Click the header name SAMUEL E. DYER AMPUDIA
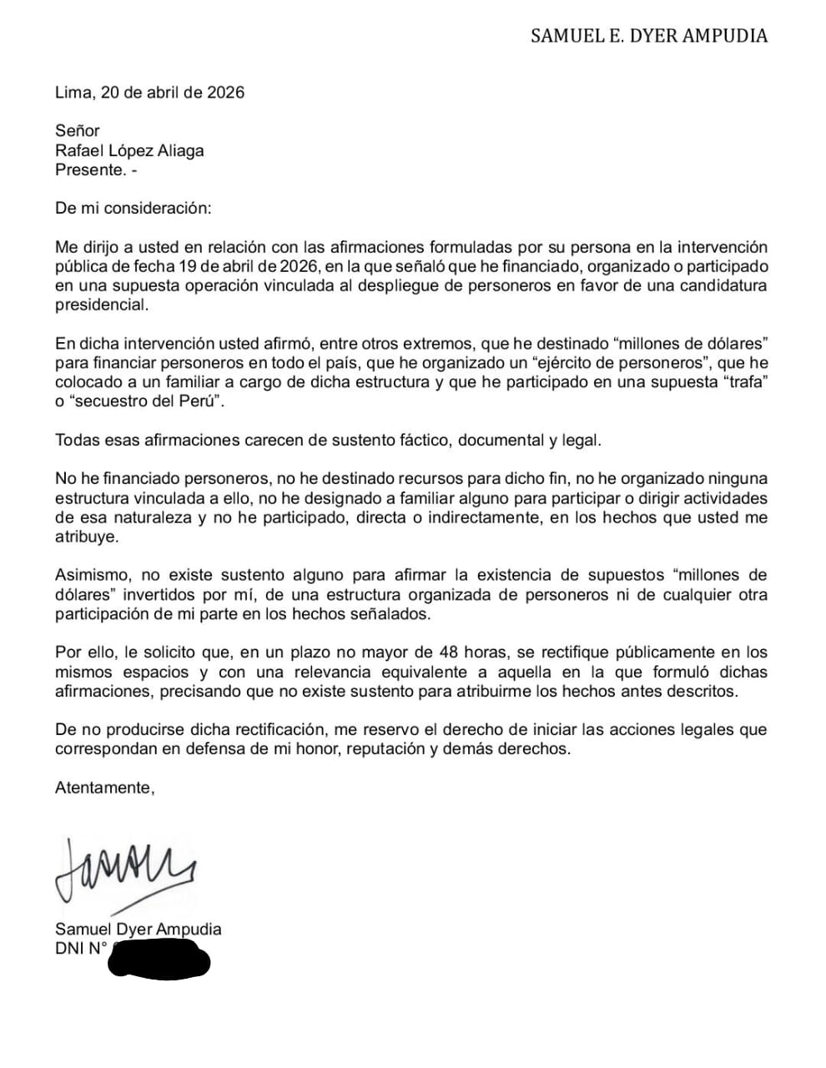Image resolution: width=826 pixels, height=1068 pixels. pyautogui.click(x=649, y=36)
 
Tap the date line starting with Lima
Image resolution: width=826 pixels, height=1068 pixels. pyautogui.click(x=150, y=93)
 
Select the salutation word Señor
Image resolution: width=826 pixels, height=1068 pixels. pyautogui.click(x=78, y=130)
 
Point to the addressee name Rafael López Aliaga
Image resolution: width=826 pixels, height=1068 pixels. pyautogui.click(x=129, y=150)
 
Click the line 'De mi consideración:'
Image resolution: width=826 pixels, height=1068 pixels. pyautogui.click(x=133, y=208)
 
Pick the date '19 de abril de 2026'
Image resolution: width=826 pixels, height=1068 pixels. pyautogui.click(x=249, y=267)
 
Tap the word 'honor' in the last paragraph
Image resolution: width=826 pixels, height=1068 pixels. pyautogui.click(x=308, y=748)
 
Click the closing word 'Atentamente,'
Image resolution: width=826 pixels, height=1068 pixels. pyautogui.click(x=105, y=787)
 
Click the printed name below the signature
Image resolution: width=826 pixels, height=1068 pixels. pyautogui.click(x=139, y=929)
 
